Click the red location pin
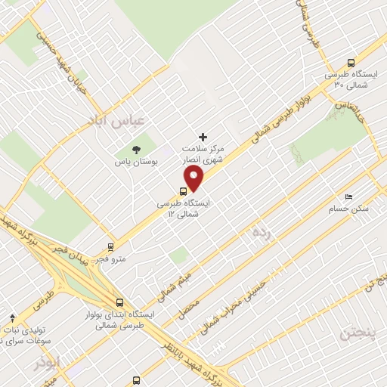(194, 178)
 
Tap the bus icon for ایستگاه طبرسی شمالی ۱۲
(184, 190)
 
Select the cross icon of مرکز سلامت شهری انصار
(203, 136)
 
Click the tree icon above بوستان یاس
(137, 150)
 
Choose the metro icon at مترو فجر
(111, 246)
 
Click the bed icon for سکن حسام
(348, 196)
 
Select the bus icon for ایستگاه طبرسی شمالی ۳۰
(350, 63)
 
